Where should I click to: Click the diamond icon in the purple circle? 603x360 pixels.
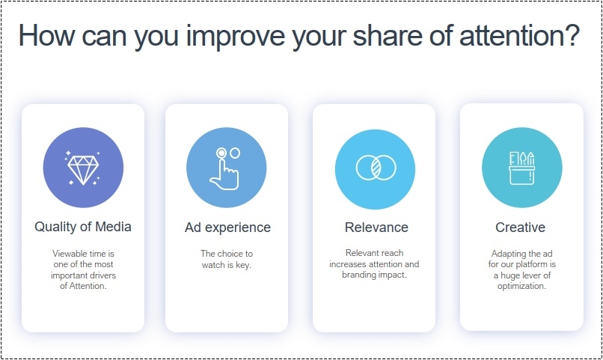pos(83,168)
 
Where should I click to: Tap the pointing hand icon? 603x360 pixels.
pos(225,168)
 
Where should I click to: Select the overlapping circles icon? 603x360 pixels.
pos(376,168)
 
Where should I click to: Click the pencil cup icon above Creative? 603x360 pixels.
pos(522,168)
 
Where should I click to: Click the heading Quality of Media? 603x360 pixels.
pos(83,227)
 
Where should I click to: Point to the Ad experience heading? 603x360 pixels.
pos(227,228)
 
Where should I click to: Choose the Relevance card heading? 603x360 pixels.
pos(376,228)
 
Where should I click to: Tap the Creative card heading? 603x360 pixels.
pos(520,228)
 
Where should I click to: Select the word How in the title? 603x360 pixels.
pos(46,35)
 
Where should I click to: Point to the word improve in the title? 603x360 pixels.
pos(236,37)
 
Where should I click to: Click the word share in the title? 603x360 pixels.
pos(388,35)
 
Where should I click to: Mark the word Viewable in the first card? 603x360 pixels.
pos(70,254)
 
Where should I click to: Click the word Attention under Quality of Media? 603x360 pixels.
pos(88,286)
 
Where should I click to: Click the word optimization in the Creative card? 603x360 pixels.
pos(522,286)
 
